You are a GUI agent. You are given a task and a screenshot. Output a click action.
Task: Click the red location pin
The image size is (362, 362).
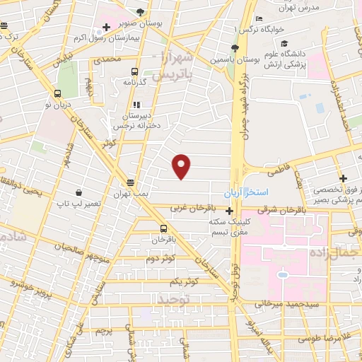click(182, 165)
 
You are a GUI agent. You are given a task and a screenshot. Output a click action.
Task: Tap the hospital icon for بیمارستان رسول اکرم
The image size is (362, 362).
click(105, 28)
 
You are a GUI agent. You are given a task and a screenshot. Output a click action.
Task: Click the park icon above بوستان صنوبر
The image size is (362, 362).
click(140, 12)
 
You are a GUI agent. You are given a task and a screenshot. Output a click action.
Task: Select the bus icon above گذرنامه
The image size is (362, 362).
click(134, 71)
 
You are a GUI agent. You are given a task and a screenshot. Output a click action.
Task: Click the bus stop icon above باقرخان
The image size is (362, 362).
click(163, 228)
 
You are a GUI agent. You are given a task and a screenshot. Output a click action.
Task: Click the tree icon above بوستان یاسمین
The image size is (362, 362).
click(234, 48)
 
